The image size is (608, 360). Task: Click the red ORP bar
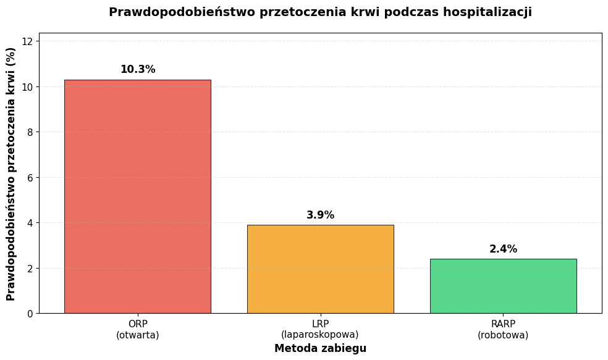(137, 196)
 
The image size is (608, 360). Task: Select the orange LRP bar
(320, 269)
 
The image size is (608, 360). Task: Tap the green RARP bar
(503, 286)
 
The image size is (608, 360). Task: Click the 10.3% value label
(138, 70)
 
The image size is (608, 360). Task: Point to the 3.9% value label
(320, 216)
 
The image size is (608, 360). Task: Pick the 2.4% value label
(503, 249)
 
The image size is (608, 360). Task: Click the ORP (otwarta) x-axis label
(137, 330)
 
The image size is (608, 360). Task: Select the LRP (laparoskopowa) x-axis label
(320, 330)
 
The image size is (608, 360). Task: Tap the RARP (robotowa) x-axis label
(503, 330)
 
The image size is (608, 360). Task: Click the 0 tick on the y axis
(29, 314)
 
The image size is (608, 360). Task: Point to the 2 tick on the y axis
(29, 269)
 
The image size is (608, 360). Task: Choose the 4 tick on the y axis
(29, 223)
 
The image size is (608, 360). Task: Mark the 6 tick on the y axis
(29, 178)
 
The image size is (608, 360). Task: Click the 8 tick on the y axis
(29, 132)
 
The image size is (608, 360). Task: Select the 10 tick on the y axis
(27, 87)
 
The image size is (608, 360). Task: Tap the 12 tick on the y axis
(27, 41)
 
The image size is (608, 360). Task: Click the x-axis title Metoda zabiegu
(320, 349)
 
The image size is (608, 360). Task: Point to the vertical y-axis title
(11, 174)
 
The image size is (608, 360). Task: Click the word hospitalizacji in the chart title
(487, 12)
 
